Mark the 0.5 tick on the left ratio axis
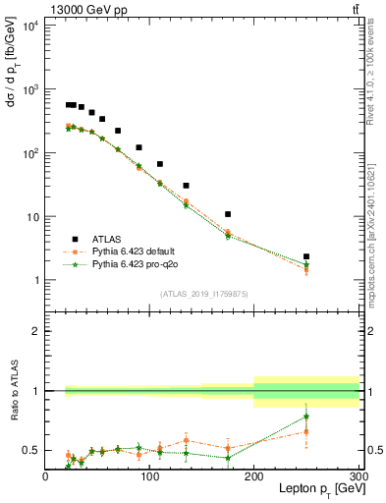point(32,450)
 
